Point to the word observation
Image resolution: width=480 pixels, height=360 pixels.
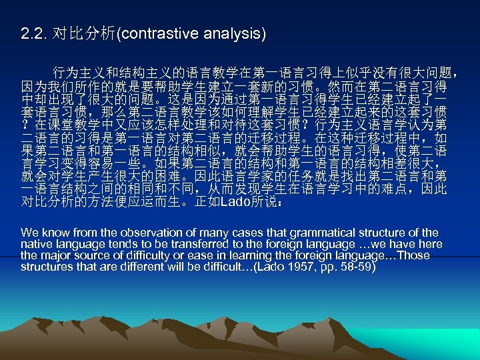[x=131, y=233]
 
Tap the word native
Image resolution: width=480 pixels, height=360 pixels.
[x=36, y=244]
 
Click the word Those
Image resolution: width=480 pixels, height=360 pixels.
[x=414, y=255]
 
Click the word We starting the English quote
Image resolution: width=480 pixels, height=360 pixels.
[x=29, y=233]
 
